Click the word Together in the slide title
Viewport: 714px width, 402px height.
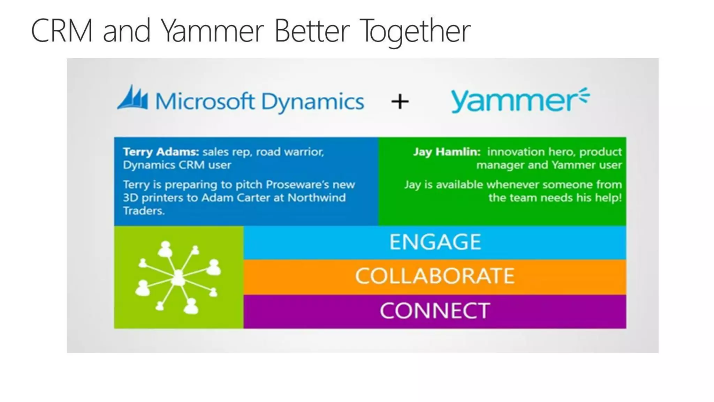tap(415, 31)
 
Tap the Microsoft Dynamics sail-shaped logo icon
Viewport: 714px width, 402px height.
tap(133, 98)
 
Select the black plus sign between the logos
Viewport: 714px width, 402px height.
tap(400, 102)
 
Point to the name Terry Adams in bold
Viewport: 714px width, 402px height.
tap(161, 152)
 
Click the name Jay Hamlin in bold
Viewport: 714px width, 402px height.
tap(447, 152)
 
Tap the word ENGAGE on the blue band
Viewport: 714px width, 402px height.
tap(435, 242)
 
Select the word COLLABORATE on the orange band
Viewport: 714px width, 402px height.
tap(435, 276)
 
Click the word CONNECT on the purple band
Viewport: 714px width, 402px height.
tap(435, 311)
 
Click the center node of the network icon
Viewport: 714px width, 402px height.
tap(178, 278)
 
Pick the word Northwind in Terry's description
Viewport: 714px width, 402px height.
tap(317, 198)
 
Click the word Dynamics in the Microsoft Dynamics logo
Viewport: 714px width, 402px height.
tap(312, 102)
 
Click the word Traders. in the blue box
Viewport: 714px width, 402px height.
tap(144, 211)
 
